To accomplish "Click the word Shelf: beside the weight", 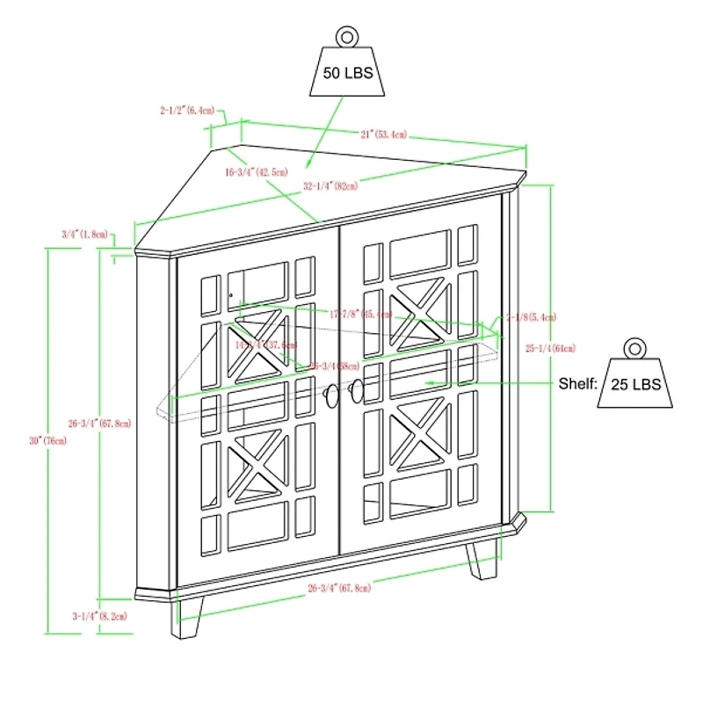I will point(577,384).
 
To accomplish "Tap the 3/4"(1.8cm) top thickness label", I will point(85,235).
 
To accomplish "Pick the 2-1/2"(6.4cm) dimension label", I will point(187,112).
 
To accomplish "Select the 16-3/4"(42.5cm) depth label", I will point(256,172).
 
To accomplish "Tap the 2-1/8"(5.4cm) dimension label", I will point(530,316).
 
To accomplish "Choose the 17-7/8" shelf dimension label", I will point(359,314).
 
